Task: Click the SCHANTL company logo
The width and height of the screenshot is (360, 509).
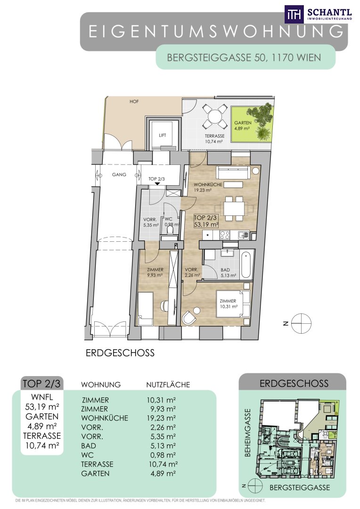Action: pyautogui.click(x=318, y=14)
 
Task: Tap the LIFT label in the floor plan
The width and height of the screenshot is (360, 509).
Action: pyautogui.click(x=162, y=135)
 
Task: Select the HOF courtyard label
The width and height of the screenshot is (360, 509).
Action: pyautogui.click(x=134, y=102)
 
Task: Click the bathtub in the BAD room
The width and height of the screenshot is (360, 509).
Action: pyautogui.click(x=246, y=263)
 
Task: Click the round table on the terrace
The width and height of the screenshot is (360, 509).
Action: pyautogui.click(x=214, y=116)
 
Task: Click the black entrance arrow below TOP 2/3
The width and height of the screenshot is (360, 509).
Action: pyautogui.click(x=157, y=184)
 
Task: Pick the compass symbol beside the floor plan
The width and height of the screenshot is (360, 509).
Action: pyautogui.click(x=301, y=323)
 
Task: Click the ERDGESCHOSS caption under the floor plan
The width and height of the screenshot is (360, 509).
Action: pyautogui.click(x=120, y=353)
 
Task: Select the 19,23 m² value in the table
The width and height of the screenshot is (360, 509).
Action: pyautogui.click(x=161, y=418)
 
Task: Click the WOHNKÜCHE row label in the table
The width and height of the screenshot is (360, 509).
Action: pyautogui.click(x=105, y=418)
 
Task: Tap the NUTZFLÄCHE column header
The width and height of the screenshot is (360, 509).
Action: pyautogui.click(x=168, y=385)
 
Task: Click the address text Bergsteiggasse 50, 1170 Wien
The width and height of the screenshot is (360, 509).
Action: pyautogui.click(x=244, y=57)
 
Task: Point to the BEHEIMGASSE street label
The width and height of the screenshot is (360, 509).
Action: pyautogui.click(x=248, y=432)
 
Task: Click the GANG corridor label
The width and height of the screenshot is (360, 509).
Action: pyautogui.click(x=119, y=175)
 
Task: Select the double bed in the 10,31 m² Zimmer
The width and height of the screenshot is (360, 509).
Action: pyautogui.click(x=233, y=304)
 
